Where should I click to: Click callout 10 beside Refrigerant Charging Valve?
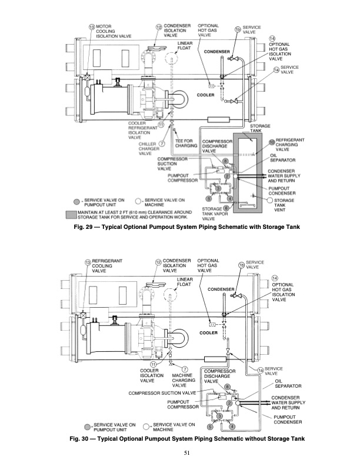coord(272,142)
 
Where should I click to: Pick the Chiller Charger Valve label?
coord(146,148)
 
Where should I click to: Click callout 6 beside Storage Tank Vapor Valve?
coord(226,208)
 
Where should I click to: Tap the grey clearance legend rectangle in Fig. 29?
coord(71,214)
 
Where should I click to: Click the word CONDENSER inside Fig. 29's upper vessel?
coord(216,52)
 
